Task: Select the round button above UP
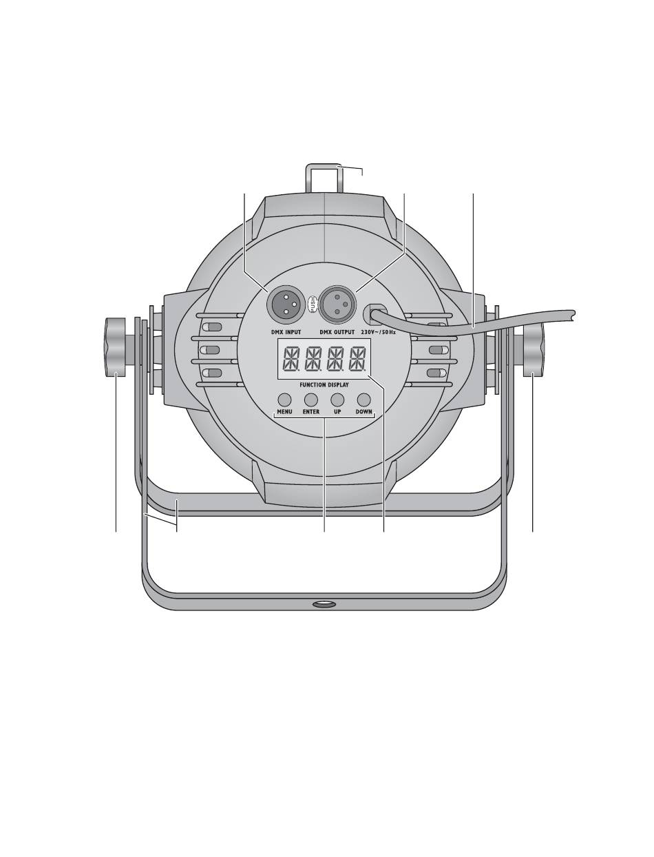tap(337, 399)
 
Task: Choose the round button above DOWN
tap(364, 399)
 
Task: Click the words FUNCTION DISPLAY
tap(324, 384)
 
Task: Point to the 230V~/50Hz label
tap(378, 332)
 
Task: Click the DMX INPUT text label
tap(286, 332)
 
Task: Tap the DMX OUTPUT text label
tap(337, 332)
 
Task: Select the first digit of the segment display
tap(291, 359)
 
